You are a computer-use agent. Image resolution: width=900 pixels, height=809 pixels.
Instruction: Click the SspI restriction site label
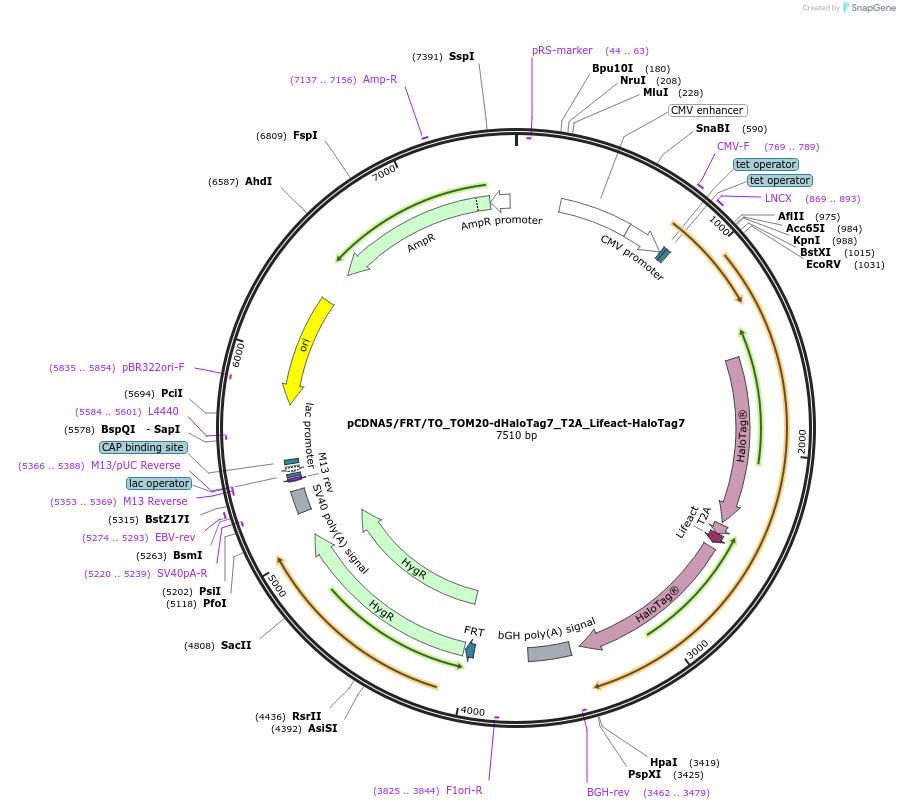point(461,57)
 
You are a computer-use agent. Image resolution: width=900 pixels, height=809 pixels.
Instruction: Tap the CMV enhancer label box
point(707,110)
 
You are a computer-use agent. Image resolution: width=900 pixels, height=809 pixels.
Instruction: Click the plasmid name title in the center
point(516,423)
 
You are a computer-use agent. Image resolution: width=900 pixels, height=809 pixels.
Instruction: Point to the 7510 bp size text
point(516,436)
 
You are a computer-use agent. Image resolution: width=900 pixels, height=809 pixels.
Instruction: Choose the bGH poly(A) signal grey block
point(549,651)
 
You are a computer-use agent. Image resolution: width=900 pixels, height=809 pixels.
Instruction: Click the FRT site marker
point(471,649)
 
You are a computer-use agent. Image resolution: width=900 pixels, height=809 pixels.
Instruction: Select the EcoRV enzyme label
point(826,265)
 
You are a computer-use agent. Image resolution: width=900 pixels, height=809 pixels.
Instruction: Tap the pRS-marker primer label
point(562,50)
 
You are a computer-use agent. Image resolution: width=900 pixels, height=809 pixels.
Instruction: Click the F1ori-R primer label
point(464,790)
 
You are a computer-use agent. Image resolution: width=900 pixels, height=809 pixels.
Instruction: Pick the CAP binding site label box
point(142,447)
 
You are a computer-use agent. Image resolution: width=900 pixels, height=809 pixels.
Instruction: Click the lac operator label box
point(158,483)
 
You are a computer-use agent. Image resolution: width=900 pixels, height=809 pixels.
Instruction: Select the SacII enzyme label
point(236,646)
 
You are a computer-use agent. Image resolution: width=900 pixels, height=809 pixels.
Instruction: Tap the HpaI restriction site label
point(663,762)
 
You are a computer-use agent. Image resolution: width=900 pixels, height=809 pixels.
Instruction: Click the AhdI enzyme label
point(258,182)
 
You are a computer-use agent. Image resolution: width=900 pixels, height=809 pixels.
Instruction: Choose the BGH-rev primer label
point(608,792)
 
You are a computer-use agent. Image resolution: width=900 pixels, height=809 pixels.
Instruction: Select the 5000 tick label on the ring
point(274,585)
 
